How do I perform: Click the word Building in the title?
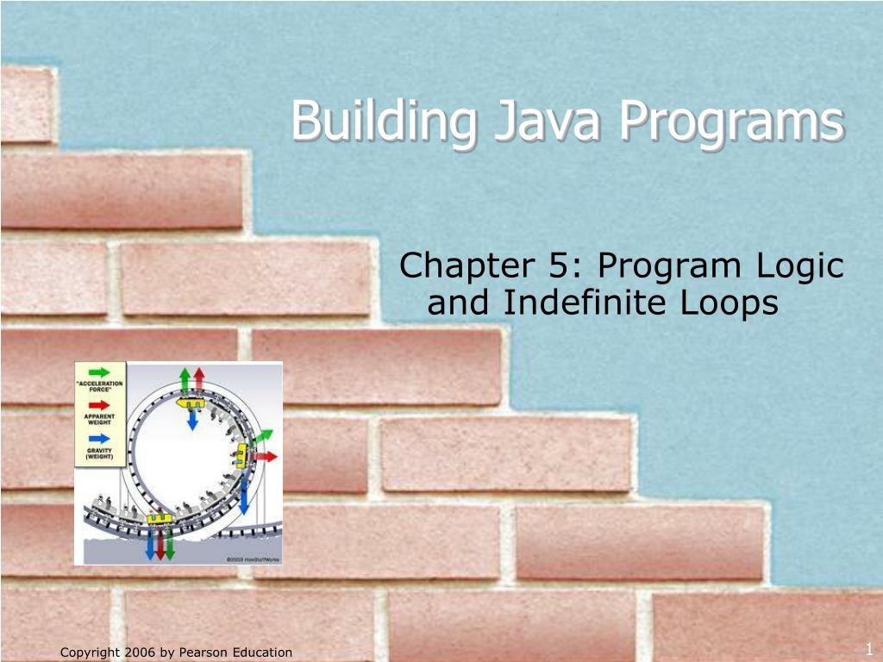click(x=382, y=122)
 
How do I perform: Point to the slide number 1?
click(x=869, y=649)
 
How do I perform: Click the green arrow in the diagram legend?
click(x=100, y=372)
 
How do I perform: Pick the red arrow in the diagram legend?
click(x=100, y=404)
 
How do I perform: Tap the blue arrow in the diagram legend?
click(x=100, y=439)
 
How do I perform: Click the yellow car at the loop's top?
click(x=191, y=402)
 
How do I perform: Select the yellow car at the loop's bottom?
click(x=158, y=518)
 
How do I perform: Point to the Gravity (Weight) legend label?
click(x=100, y=454)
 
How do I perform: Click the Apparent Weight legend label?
click(x=100, y=420)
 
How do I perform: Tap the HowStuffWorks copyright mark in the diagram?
click(x=249, y=559)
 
